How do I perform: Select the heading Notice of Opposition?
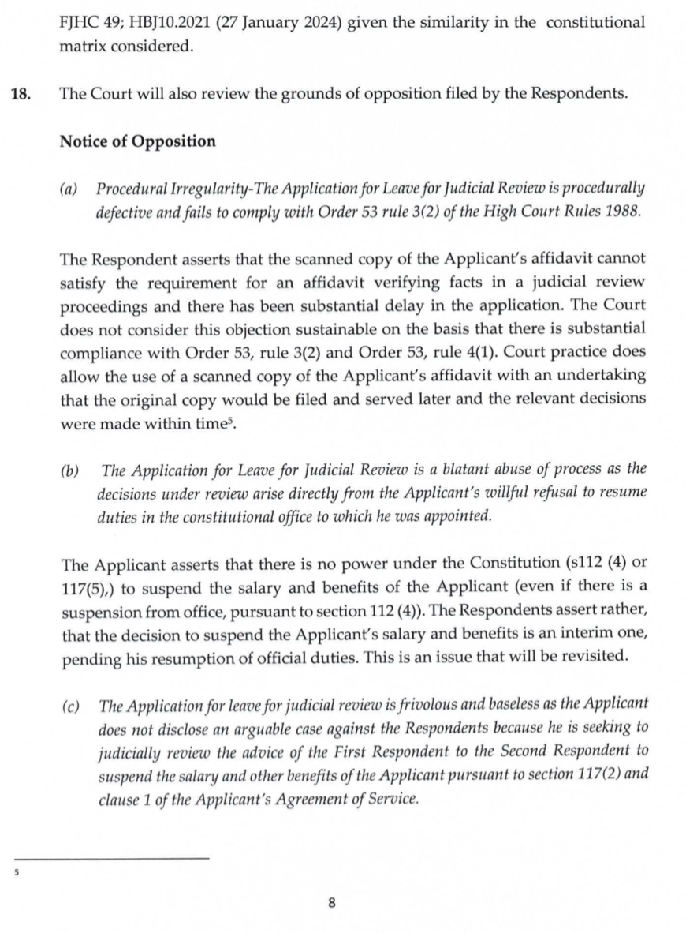click(137, 141)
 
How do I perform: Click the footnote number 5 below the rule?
click(16, 874)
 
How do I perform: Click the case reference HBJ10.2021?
click(167, 23)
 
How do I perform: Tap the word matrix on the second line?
click(81, 47)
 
